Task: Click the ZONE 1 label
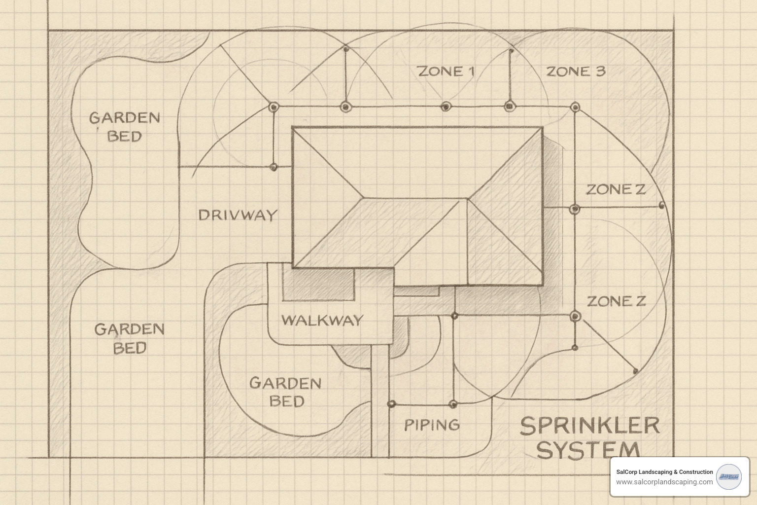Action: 446,72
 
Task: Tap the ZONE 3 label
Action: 576,72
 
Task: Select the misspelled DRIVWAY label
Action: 238,215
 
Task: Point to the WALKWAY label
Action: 322,320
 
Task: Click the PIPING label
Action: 432,425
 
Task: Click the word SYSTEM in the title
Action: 588,450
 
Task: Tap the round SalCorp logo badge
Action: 728,476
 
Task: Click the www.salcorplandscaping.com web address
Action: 664,482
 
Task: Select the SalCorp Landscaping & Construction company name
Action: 664,472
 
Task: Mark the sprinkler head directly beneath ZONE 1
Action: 446,106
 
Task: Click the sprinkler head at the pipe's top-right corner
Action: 575,107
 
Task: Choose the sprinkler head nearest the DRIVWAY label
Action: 274,167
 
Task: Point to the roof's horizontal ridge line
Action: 415,199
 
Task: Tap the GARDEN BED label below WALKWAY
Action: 285,392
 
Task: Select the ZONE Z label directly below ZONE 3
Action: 616,189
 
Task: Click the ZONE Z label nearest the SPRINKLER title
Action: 616,301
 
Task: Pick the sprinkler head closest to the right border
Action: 661,205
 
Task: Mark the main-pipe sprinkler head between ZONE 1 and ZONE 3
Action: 509,106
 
